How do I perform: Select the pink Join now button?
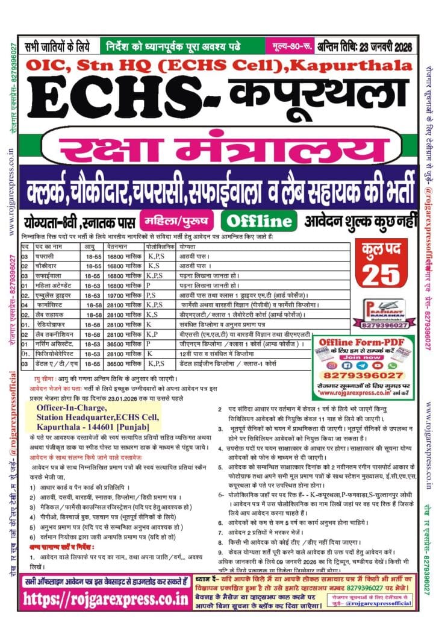363,355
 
